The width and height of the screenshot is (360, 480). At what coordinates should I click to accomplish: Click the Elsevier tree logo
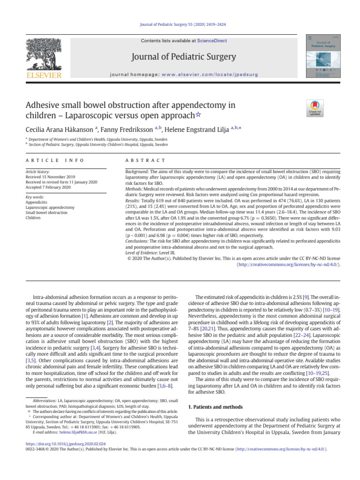tap(46, 54)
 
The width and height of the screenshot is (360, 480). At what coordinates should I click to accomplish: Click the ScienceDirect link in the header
tap(211, 41)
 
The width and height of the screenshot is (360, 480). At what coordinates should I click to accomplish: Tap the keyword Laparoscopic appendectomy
tap(50, 207)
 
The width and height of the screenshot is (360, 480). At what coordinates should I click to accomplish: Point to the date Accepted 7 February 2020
tap(49, 187)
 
